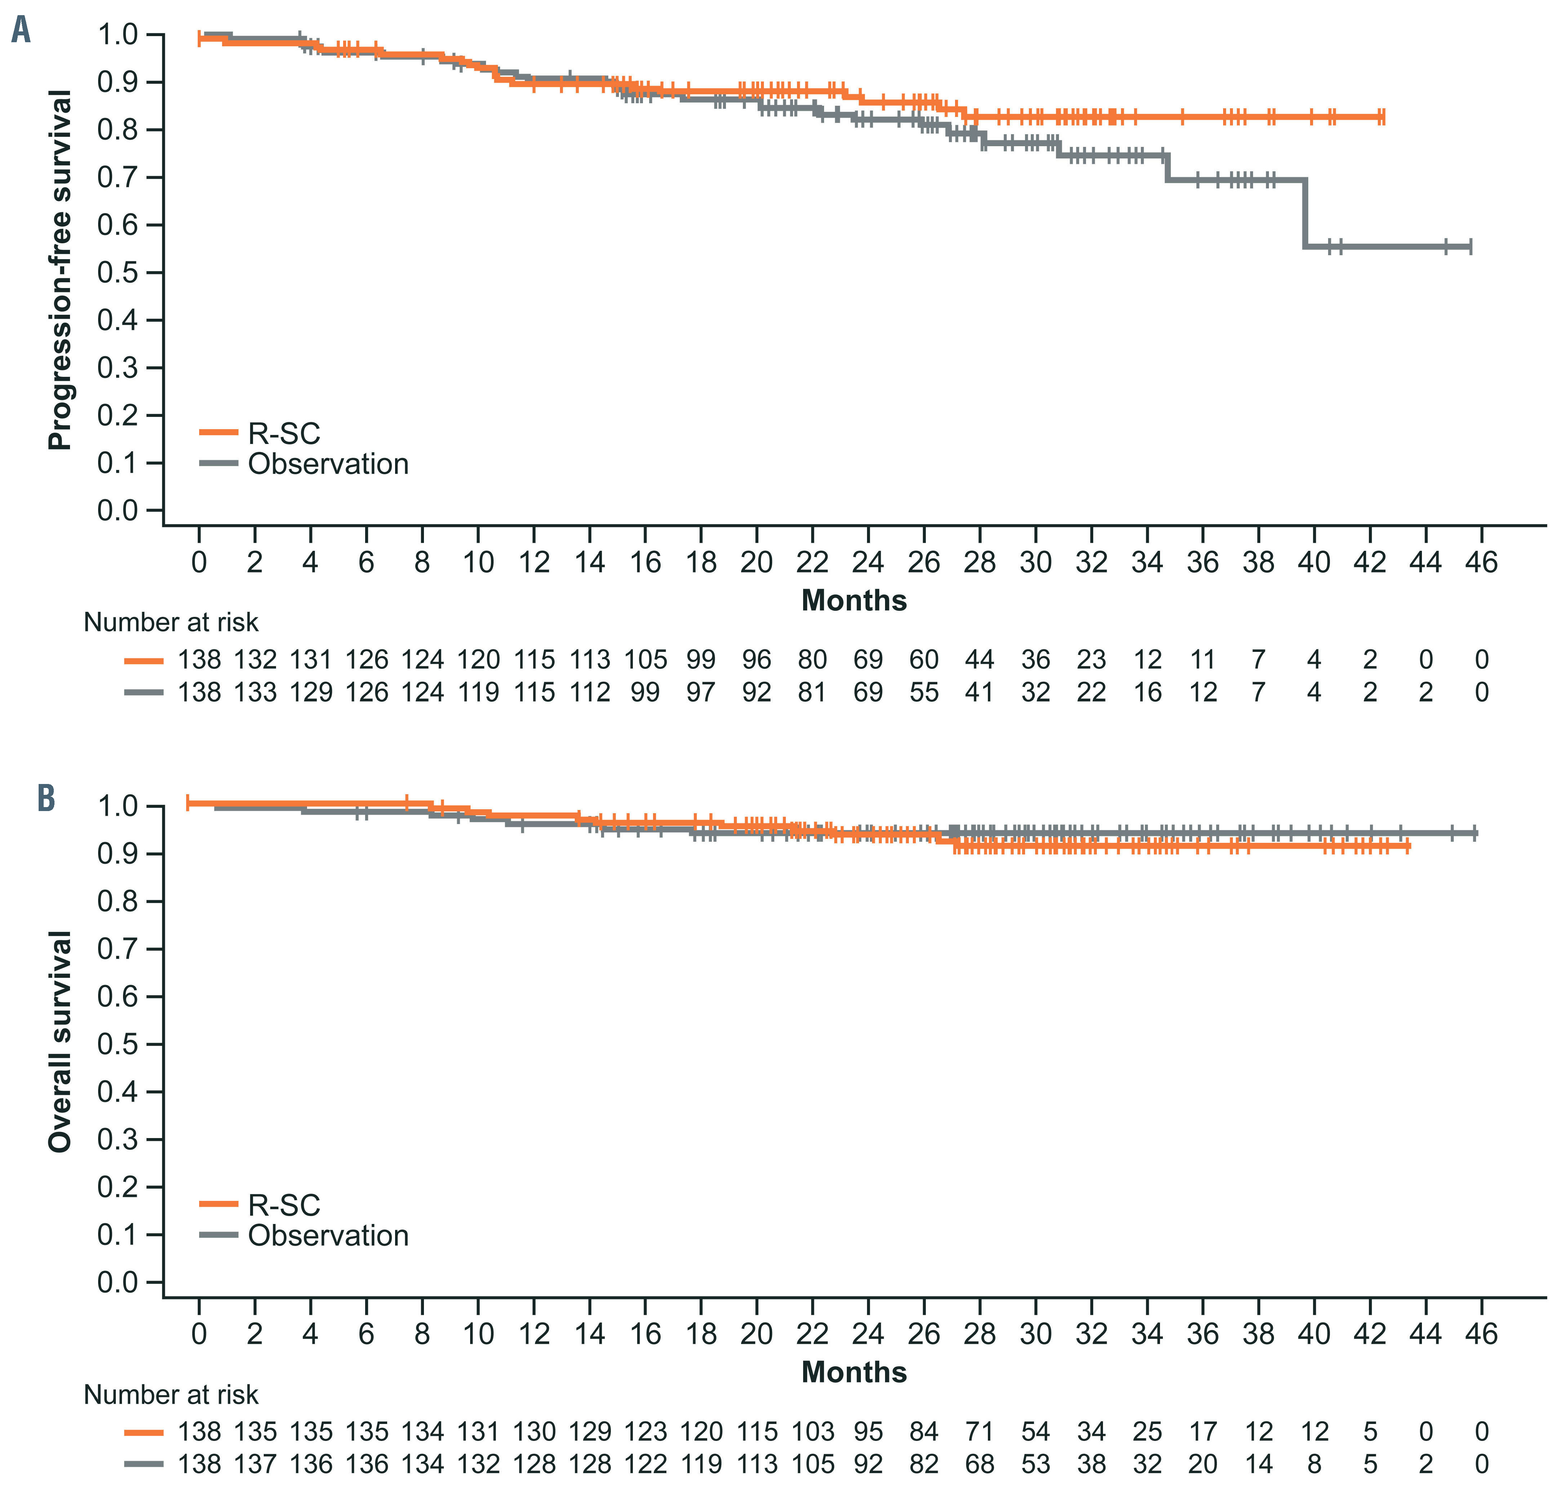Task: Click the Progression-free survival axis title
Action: (x=60, y=270)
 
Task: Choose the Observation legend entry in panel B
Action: (x=328, y=1236)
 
